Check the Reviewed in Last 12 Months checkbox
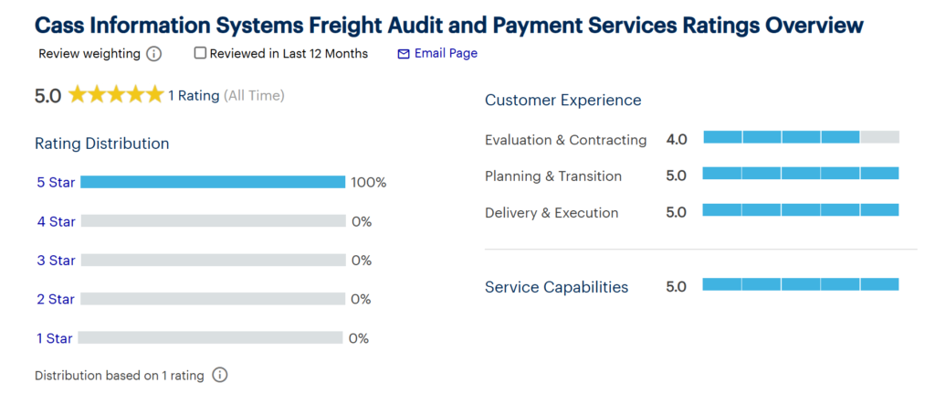(200, 54)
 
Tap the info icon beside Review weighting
(154, 54)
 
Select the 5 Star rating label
(56, 182)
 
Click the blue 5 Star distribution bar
(213, 182)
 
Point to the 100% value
(368, 182)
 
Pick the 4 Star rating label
(56, 221)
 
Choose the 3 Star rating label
(56, 261)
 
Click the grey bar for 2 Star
(213, 299)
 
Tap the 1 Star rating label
(55, 338)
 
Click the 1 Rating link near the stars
(194, 95)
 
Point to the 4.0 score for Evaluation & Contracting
(677, 140)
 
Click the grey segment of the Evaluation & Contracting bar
(879, 137)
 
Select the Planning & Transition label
(553, 176)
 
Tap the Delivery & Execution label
(552, 213)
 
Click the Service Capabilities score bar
(801, 284)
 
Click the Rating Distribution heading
(101, 144)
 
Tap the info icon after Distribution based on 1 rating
(220, 375)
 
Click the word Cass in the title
(62, 26)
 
